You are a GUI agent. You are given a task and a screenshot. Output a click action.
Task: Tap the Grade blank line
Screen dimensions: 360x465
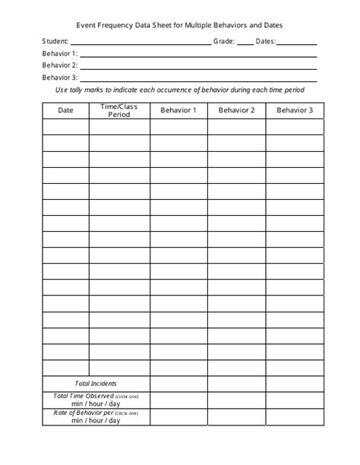245,43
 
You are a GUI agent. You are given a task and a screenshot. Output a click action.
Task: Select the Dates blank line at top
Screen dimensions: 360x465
298,43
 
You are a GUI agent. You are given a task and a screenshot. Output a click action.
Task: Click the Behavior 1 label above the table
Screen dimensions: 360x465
60,54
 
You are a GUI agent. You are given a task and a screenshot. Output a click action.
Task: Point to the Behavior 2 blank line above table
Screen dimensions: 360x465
197,68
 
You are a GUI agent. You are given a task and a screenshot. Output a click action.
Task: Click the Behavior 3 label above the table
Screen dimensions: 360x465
60,77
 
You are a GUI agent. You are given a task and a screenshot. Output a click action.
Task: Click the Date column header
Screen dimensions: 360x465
65,111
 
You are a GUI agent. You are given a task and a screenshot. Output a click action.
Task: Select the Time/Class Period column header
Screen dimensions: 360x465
119,111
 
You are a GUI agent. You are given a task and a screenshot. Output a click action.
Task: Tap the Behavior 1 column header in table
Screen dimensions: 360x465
178,111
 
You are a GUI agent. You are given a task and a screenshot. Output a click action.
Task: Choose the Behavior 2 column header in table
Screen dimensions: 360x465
236,111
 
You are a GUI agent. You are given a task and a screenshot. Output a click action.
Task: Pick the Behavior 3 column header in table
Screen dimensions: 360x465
295,111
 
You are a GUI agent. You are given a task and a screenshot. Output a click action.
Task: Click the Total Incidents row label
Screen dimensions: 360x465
96,384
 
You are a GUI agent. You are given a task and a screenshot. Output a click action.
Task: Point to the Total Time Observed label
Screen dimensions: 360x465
83,396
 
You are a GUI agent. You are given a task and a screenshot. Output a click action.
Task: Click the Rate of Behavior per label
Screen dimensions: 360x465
83,413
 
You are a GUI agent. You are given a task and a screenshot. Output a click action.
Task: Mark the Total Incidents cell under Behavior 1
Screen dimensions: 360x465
178,384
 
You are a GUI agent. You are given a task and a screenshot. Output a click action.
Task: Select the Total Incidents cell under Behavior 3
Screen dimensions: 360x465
295,384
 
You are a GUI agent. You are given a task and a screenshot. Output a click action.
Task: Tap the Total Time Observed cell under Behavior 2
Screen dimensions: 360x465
236,400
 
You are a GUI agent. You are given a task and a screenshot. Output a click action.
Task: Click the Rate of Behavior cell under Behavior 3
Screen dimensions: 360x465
295,416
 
